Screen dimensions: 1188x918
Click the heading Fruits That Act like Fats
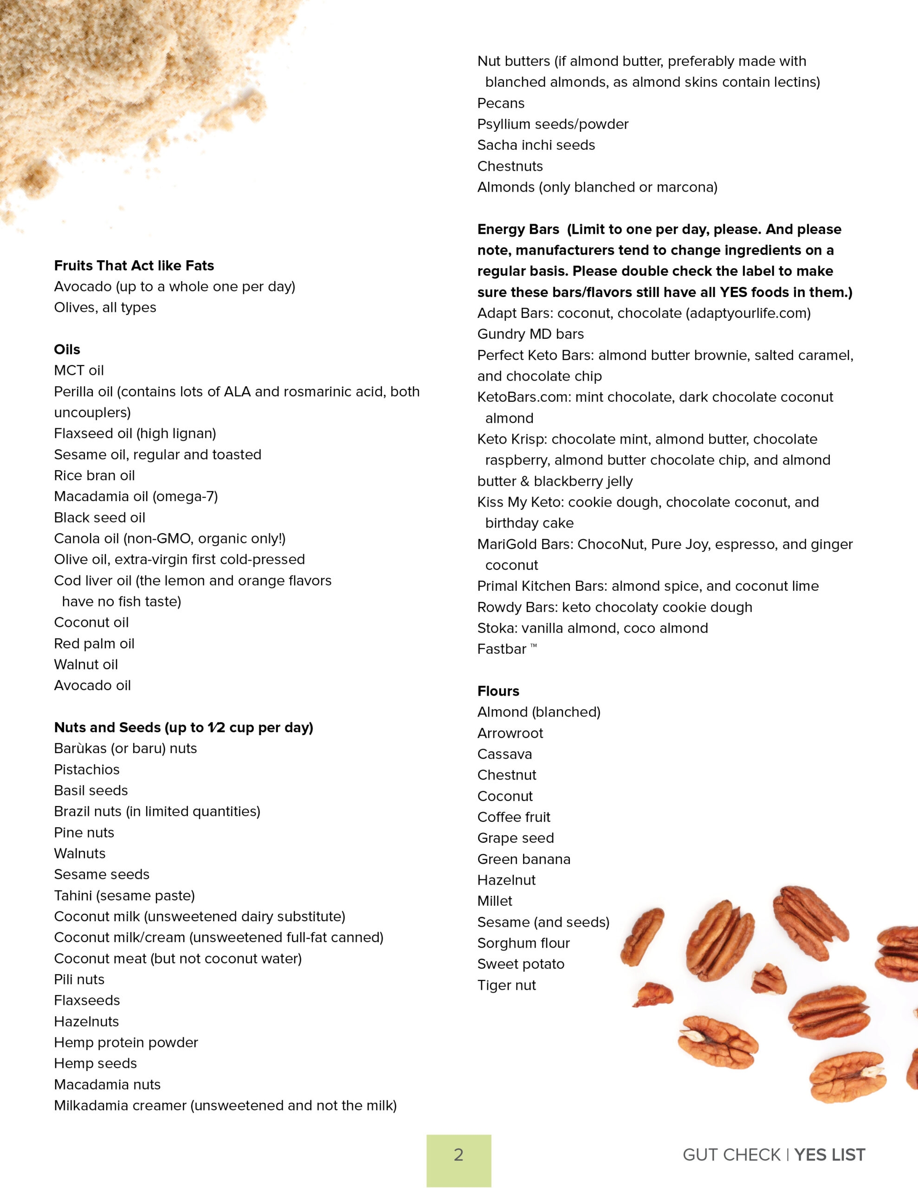coord(134,265)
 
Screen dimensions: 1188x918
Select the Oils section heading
coord(67,349)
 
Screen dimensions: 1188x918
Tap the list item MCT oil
coord(79,370)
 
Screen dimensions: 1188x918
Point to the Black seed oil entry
coord(100,517)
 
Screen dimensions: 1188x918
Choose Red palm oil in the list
coord(94,644)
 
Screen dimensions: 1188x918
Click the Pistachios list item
coord(86,769)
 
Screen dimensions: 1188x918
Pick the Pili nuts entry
coord(79,979)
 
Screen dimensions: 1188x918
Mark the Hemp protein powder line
coord(126,1042)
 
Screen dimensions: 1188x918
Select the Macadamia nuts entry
coord(107,1084)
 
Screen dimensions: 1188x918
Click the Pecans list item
coord(501,103)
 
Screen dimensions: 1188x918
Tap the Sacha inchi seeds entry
coord(536,145)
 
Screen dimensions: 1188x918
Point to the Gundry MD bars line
coord(530,334)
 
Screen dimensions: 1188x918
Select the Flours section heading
coord(498,691)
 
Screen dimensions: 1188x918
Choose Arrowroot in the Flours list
coord(510,733)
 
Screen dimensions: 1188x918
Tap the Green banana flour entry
coord(524,859)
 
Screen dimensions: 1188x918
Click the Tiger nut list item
coord(506,985)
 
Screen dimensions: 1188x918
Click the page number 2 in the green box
coord(458,1154)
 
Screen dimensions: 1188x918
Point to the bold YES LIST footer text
coord(829,1155)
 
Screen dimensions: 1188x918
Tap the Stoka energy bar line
coord(592,628)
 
